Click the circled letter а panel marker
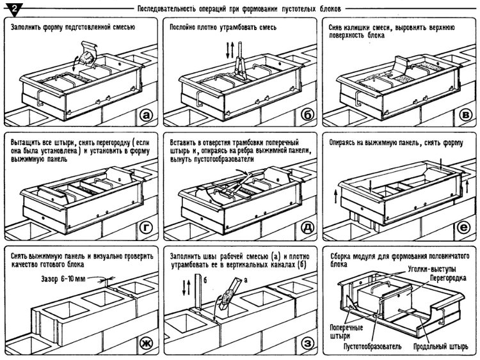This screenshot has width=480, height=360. (x=146, y=115)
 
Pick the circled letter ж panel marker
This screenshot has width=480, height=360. (x=146, y=345)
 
